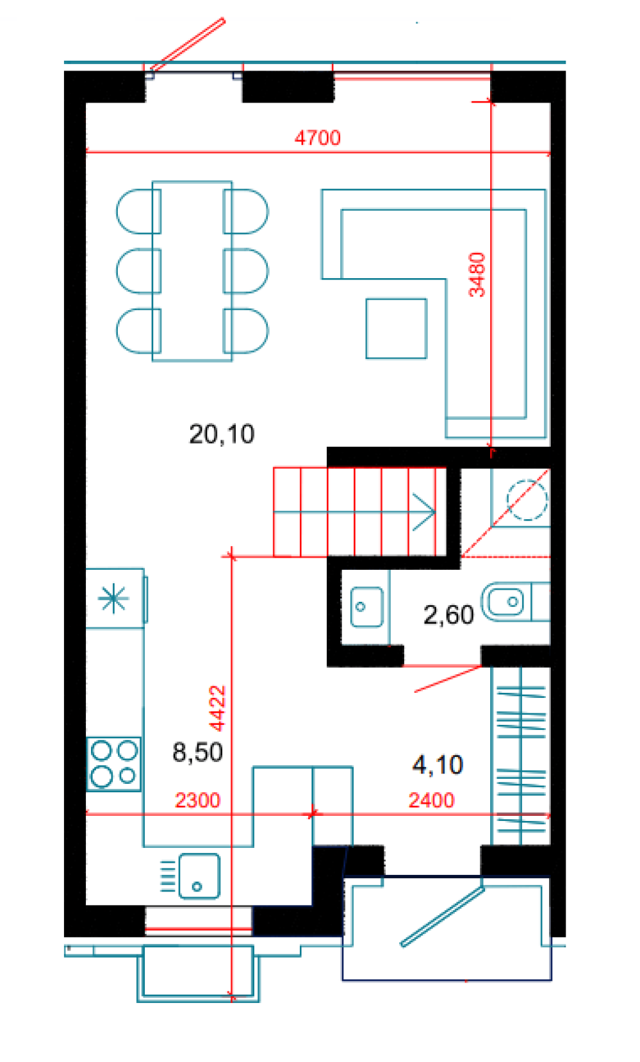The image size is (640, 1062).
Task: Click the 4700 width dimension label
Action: (317, 138)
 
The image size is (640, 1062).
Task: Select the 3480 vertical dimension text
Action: (477, 275)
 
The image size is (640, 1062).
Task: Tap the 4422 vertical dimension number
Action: (217, 708)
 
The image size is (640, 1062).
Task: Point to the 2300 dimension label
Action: (198, 801)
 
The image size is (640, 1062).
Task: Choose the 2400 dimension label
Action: (431, 801)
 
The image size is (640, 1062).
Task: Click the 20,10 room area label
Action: (222, 435)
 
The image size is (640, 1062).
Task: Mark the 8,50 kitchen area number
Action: (198, 752)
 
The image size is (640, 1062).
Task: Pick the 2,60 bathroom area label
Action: (448, 615)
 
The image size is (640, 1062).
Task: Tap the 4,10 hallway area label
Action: (438, 765)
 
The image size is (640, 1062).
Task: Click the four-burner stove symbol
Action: (114, 764)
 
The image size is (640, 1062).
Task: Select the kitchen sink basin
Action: (199, 876)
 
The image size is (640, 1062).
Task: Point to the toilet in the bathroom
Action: (515, 602)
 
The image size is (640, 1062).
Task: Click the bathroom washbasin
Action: (366, 607)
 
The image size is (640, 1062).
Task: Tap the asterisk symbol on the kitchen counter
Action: (113, 599)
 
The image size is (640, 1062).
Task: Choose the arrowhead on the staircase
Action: (424, 512)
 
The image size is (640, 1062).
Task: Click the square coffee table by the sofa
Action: (397, 328)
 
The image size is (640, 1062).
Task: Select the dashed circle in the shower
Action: (527, 500)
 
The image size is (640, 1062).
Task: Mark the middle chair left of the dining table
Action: (138, 270)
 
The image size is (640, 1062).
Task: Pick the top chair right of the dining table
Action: (245, 212)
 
